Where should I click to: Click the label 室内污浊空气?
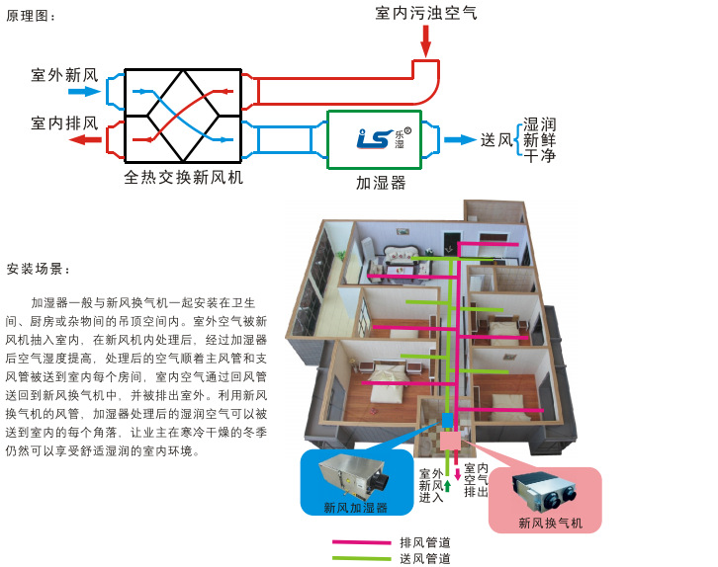click(425, 13)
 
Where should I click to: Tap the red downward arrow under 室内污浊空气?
click(426, 41)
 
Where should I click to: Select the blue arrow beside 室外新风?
click(86, 92)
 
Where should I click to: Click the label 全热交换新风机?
click(184, 178)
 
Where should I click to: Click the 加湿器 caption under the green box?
click(381, 183)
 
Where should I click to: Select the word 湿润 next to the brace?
click(539, 124)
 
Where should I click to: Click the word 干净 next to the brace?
click(539, 156)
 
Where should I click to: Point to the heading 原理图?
click(32, 17)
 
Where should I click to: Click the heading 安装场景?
click(38, 269)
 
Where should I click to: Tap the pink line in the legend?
click(361, 542)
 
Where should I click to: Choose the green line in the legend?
click(361, 559)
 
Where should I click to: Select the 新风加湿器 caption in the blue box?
click(355, 508)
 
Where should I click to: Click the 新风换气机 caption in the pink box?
click(551, 522)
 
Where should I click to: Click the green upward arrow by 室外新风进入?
click(448, 485)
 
